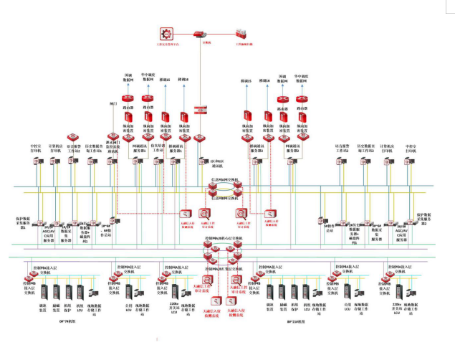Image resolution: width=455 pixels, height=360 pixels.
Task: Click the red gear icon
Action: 168,34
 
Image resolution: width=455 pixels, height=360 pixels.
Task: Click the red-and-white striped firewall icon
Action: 201,109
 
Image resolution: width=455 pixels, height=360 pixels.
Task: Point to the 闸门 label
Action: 112,105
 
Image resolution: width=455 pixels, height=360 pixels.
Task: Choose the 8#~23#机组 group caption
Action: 296,322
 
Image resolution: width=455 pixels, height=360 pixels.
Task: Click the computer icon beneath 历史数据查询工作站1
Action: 92,163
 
